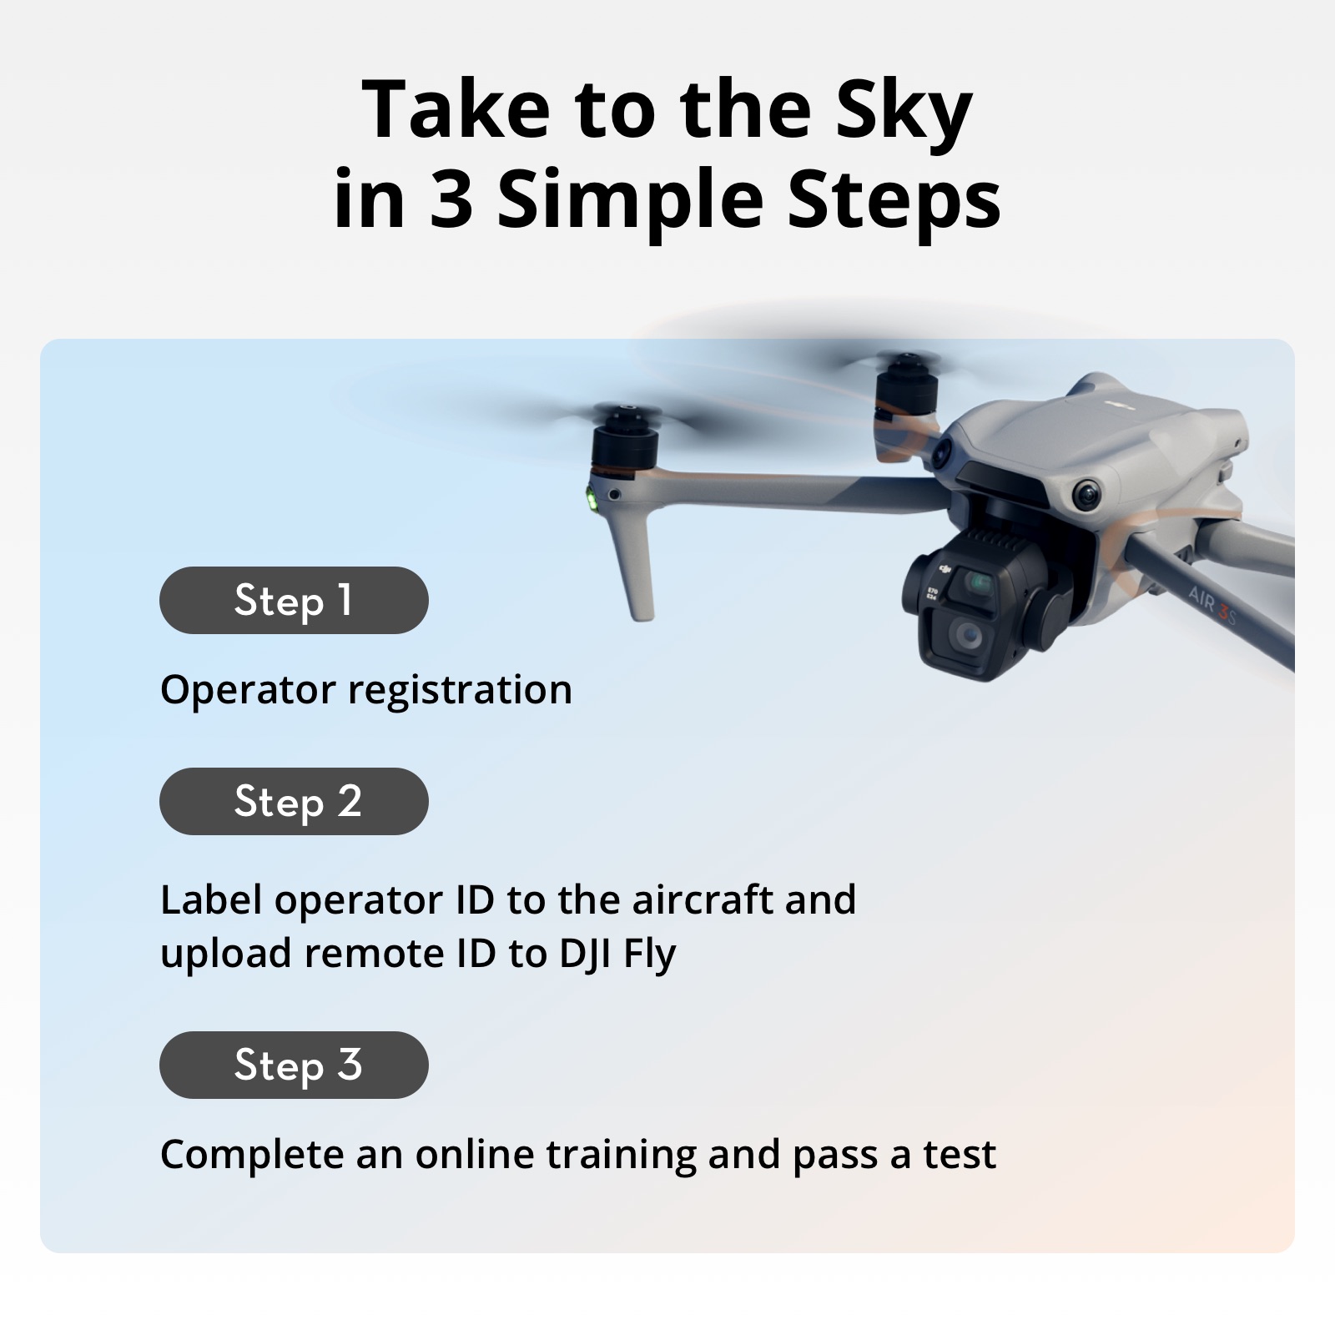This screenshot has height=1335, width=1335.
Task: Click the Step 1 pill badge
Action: coord(294,600)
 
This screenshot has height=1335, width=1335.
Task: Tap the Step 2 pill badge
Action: coord(294,801)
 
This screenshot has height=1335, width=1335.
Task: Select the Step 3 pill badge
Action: coord(294,1065)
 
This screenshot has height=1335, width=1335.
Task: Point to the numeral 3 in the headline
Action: coord(451,200)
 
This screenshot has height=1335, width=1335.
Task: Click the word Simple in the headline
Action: coord(630,202)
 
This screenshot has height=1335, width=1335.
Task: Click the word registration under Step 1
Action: coord(460,691)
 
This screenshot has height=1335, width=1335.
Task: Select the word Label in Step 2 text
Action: coord(210,899)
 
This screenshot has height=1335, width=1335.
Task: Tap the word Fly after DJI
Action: coord(649,954)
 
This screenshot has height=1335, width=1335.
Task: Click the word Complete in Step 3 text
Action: coord(251,1155)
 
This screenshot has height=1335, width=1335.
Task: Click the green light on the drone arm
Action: coord(592,500)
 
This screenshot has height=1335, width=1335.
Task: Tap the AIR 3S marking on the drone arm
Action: coord(1212,607)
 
